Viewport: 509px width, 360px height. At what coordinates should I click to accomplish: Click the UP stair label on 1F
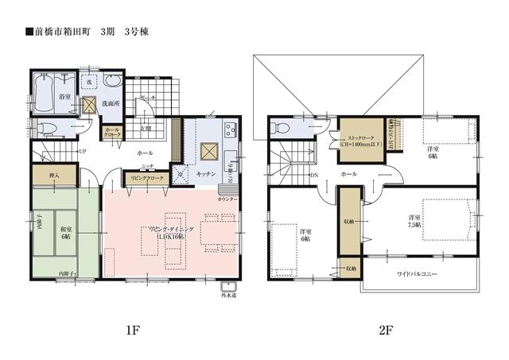click(x=83, y=151)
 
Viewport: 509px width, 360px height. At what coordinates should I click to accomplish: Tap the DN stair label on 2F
click(x=315, y=175)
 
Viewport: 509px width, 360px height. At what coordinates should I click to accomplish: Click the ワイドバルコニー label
click(x=418, y=273)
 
